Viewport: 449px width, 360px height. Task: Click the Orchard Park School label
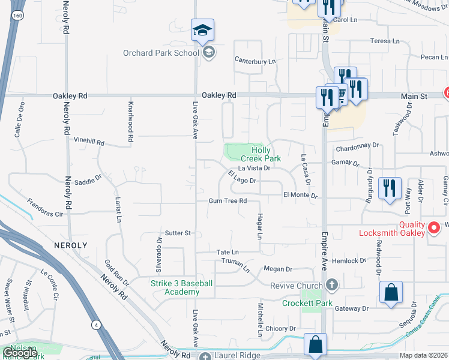click(x=161, y=53)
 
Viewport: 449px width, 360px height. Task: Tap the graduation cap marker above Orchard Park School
click(x=203, y=30)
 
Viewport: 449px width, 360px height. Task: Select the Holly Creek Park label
click(x=266, y=154)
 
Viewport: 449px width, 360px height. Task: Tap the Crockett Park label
click(x=307, y=303)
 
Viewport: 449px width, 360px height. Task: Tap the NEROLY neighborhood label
click(x=70, y=245)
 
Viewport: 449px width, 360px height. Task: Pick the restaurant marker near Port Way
click(x=391, y=189)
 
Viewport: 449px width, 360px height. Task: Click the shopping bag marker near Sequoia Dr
click(x=391, y=293)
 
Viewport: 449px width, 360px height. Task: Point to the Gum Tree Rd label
click(x=228, y=201)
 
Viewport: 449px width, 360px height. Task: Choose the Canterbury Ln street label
click(x=255, y=61)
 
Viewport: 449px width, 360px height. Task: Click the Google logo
click(x=20, y=353)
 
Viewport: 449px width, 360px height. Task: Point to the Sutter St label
click(x=178, y=233)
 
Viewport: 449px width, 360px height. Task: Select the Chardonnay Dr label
click(x=358, y=145)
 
